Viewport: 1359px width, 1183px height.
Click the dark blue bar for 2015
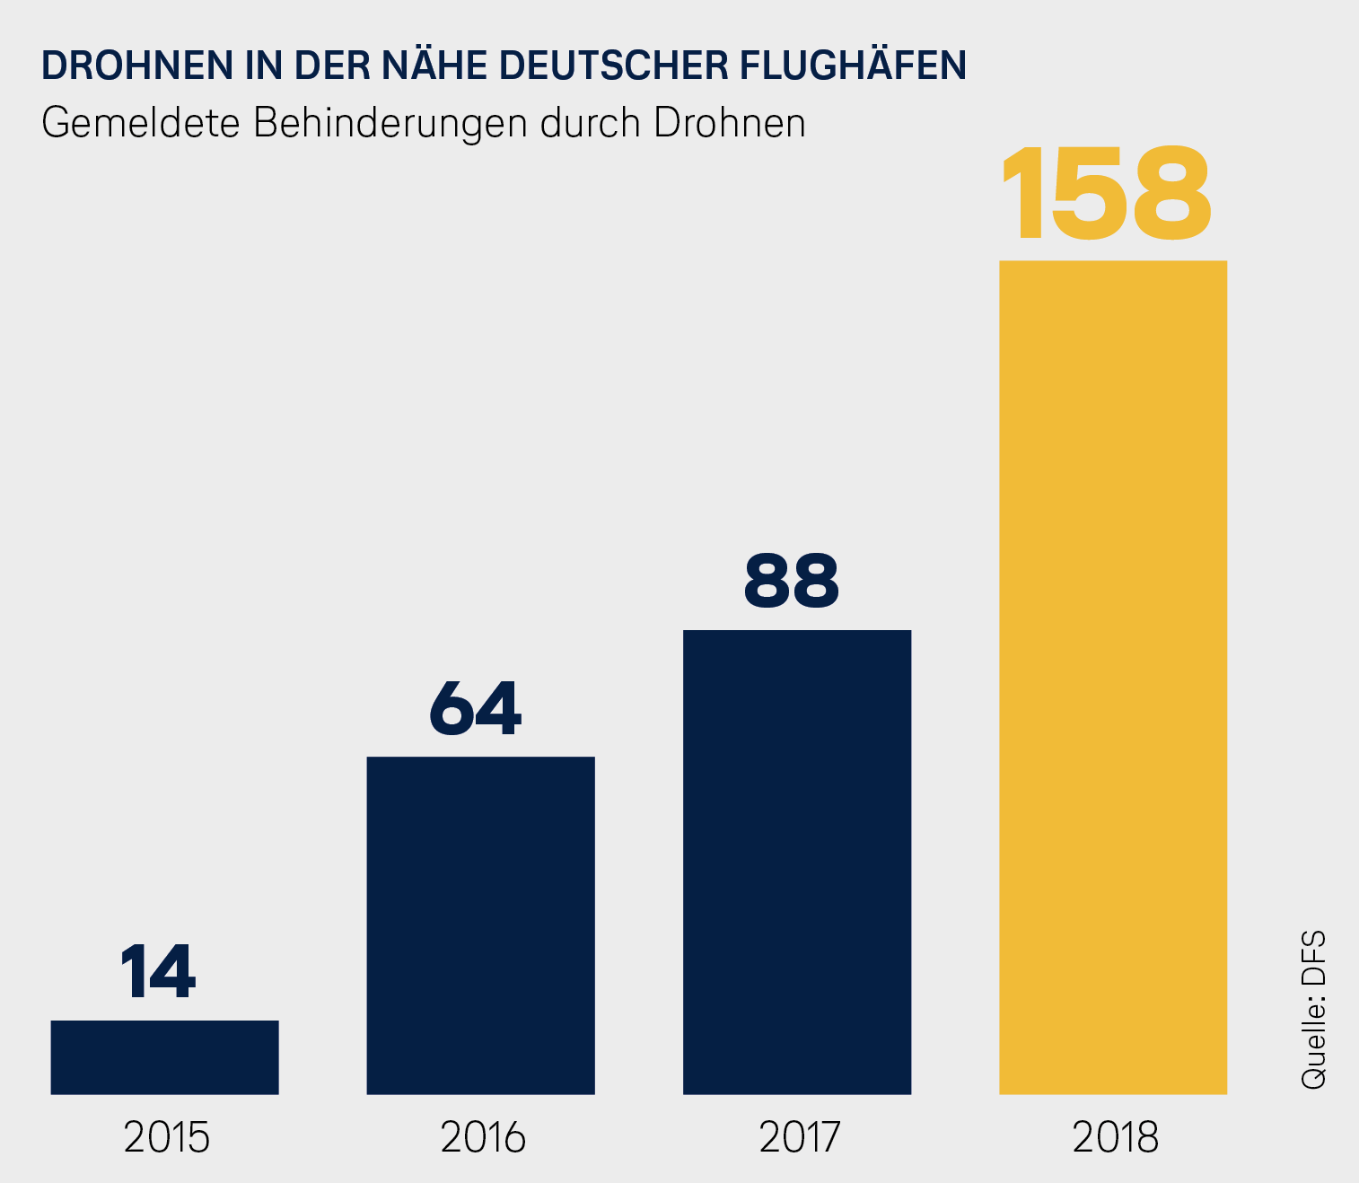[x=164, y=1056]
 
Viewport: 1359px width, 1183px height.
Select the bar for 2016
[x=480, y=924]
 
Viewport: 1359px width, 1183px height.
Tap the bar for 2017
[x=797, y=862]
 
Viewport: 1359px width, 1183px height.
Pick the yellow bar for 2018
[x=1113, y=677]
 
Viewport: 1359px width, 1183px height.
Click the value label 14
[x=158, y=972]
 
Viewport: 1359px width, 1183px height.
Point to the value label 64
[x=475, y=708]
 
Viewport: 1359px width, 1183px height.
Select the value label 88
[x=792, y=581]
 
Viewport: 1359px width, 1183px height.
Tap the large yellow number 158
[x=1106, y=195]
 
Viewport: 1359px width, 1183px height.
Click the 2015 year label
[x=167, y=1138]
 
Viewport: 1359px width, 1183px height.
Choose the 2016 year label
[x=483, y=1138]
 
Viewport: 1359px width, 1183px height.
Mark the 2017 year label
[x=799, y=1138]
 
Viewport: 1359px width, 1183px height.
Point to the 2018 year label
[x=1116, y=1138]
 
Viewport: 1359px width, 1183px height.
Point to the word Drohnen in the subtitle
[x=730, y=123]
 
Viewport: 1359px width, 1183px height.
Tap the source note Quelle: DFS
[x=1313, y=1011]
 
